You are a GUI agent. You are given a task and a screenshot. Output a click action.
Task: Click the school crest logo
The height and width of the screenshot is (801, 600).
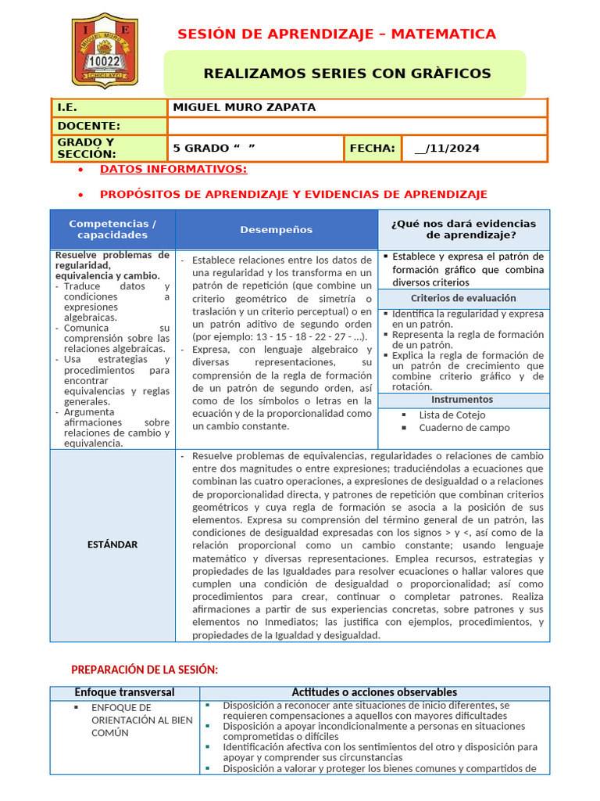point(105,50)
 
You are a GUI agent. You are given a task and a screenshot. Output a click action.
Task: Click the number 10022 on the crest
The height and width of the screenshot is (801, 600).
point(105,59)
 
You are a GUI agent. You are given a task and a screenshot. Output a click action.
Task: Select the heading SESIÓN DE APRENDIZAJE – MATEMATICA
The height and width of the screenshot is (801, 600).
point(336,34)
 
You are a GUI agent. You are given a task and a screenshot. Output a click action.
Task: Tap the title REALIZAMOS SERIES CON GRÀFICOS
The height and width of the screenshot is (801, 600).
point(347,74)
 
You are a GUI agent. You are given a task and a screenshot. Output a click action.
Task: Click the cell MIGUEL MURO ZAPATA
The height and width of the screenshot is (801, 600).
point(243,108)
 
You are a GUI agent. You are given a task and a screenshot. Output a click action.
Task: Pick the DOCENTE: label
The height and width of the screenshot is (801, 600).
point(89,126)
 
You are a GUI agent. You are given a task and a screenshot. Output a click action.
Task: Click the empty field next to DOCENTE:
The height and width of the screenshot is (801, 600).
point(357,126)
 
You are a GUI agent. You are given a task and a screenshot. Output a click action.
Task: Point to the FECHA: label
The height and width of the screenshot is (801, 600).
point(373,148)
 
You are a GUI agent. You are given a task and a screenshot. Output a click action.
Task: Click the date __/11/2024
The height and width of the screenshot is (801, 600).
point(447,149)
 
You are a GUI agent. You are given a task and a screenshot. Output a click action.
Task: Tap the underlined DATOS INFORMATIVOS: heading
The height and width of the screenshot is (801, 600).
point(173,169)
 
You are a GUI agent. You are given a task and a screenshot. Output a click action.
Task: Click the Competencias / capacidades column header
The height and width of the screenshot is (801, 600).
point(112,229)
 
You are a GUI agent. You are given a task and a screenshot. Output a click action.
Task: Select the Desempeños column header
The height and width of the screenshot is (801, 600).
point(277,229)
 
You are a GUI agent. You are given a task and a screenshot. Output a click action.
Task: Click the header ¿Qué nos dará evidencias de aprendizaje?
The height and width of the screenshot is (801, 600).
point(464,229)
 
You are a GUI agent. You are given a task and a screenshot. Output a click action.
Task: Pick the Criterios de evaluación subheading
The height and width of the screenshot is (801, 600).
point(463,298)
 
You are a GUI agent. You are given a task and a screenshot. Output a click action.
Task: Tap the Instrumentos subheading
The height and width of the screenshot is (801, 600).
point(463,400)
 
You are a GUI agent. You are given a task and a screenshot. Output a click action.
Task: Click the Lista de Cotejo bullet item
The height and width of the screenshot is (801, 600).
point(452,415)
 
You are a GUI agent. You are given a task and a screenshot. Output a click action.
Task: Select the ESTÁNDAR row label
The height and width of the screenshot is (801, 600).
point(112,544)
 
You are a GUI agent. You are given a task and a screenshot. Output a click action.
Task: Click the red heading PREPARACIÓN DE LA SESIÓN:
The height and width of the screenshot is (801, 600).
point(145,670)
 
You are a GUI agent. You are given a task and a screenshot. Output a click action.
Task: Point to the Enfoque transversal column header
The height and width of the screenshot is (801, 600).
point(125,692)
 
